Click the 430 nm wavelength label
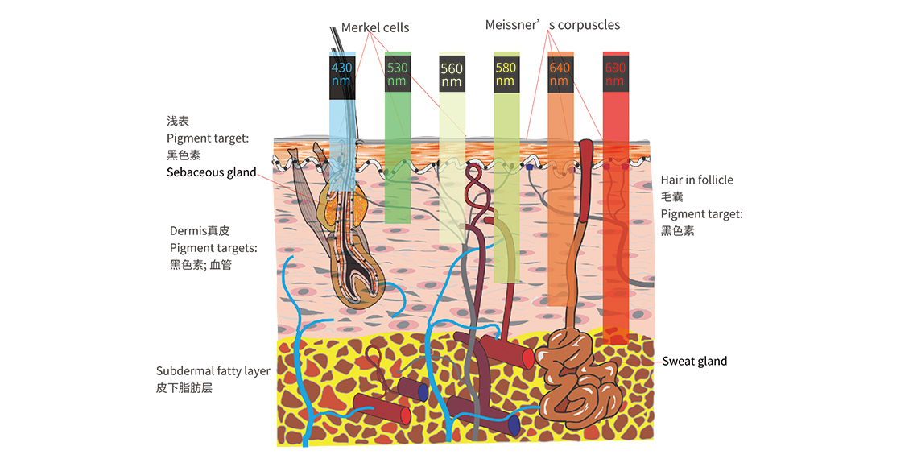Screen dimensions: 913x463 point(342,73)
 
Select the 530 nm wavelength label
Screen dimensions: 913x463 point(397,73)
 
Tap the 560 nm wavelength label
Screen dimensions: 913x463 point(451,75)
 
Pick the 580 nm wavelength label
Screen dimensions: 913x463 point(506,74)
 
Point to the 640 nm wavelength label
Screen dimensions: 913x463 point(560,74)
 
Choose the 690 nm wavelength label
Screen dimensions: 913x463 point(615,74)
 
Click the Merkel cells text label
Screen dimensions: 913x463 point(375,27)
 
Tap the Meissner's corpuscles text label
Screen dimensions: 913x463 point(552,25)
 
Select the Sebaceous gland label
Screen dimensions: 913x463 point(212,172)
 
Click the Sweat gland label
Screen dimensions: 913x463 point(695,361)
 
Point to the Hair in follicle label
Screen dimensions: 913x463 point(697,180)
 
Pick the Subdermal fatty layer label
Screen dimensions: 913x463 point(213,371)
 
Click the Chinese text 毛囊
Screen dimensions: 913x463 point(672,196)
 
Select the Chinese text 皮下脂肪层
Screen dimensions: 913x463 point(184,388)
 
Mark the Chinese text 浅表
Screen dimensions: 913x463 point(178,121)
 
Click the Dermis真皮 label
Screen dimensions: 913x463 point(200,230)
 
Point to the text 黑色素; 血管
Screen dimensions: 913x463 point(201,265)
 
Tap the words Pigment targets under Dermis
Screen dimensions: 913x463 point(213,248)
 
